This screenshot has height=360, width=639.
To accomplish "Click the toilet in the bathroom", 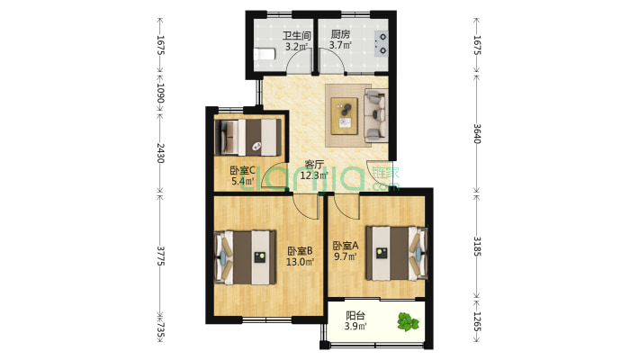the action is click(x=264, y=55).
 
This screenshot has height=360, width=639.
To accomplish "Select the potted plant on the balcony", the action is click(x=408, y=321).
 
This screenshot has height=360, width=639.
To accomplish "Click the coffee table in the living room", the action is click(x=345, y=116).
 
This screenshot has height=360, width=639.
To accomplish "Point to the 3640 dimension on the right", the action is click(x=477, y=133).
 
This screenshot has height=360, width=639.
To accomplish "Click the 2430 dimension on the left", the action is click(x=160, y=153).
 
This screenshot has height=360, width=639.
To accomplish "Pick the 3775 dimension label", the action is click(x=160, y=256).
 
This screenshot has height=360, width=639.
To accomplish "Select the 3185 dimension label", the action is click(x=477, y=246).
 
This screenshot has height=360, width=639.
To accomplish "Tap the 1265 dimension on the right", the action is click(x=477, y=321).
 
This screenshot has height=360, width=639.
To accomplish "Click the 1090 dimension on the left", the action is click(x=160, y=94).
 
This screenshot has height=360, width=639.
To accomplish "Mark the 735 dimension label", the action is click(x=160, y=331).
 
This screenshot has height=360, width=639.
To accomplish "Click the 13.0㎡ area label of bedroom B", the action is click(x=300, y=262).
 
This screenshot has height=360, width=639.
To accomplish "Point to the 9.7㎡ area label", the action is click(x=346, y=256).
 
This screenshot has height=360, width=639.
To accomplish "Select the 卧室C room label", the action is click(x=243, y=170).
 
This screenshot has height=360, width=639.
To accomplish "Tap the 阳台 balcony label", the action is click(x=355, y=316).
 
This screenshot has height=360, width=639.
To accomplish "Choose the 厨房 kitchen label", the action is click(x=340, y=34).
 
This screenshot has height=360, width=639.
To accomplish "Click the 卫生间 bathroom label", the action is click(x=297, y=36).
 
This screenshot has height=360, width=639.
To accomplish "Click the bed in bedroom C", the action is click(x=248, y=137).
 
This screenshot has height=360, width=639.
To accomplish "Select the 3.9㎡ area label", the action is click(x=355, y=326).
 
